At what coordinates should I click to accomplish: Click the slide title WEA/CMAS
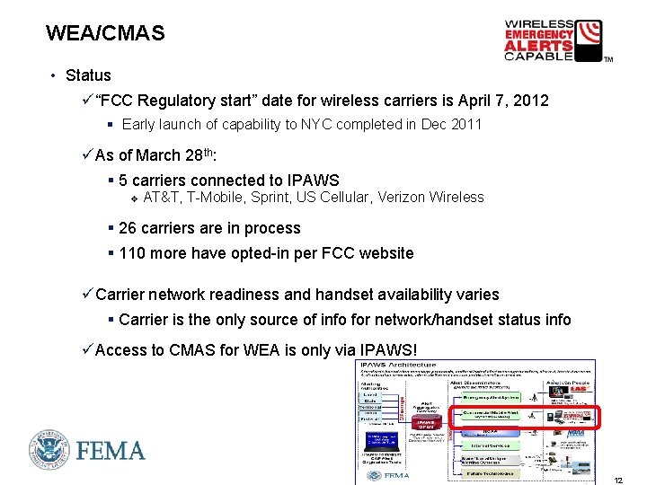(105, 34)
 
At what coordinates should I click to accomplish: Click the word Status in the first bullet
(88, 75)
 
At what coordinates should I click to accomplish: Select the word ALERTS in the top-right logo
(538, 45)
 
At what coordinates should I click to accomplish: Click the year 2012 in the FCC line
(530, 101)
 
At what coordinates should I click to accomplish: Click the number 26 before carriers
(128, 228)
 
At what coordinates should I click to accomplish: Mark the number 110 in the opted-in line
(132, 253)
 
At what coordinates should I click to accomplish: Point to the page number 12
(618, 480)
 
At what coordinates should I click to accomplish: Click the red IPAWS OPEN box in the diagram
(426, 423)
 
